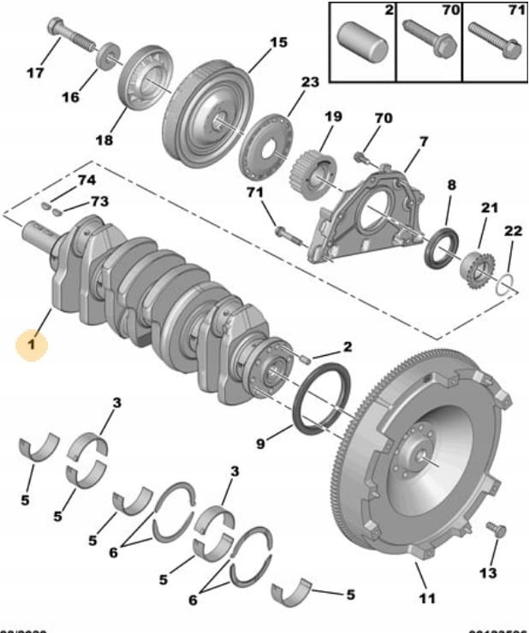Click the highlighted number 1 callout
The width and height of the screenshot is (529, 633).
coord(31,346)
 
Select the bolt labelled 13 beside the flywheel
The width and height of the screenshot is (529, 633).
coord(492,530)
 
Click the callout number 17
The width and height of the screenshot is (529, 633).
coord(35,74)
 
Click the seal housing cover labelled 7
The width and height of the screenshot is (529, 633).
coord(364,218)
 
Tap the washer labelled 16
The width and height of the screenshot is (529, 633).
coord(110,60)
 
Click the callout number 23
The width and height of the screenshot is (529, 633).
coord(309,83)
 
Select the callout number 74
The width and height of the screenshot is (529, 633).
coord(86,180)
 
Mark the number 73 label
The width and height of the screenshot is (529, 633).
coord(100,202)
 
